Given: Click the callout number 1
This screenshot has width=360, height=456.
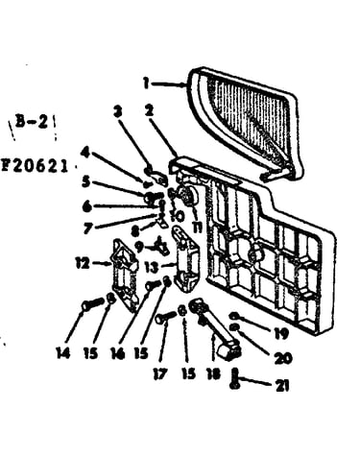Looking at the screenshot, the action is coord(147,84).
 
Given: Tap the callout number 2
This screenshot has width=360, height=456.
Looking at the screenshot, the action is coord(149,110).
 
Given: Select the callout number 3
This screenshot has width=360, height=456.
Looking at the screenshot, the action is coord(118,111).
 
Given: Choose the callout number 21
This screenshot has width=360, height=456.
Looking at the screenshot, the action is coord(282,385).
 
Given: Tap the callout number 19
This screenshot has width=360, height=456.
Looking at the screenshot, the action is coord(281,333).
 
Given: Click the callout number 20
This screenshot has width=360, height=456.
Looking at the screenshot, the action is coord(283,358).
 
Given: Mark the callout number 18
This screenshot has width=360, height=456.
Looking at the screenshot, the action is coord(213,373).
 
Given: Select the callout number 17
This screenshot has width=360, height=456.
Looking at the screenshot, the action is coord(160,373).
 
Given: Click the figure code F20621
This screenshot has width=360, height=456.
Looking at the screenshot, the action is coord(35,166).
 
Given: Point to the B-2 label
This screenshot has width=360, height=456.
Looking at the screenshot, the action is coord(32,122).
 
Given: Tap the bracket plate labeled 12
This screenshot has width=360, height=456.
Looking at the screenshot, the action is coord(125,275).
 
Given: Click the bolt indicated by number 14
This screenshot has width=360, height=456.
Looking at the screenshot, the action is coord(93,303).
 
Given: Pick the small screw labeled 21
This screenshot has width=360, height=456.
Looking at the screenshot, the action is coord(235,378).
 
